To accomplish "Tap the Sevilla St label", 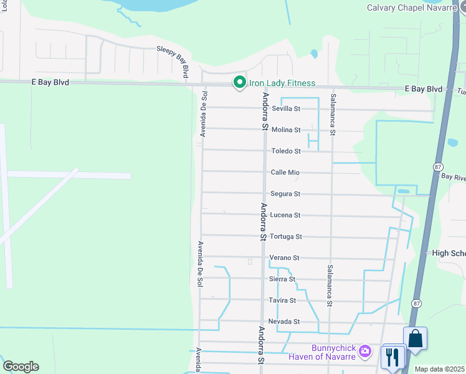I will [x=286, y=108].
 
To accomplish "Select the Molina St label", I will [x=286, y=130].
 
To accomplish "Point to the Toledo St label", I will [x=286, y=151].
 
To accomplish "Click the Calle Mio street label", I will [x=285, y=172].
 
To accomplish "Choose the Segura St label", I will [x=285, y=194].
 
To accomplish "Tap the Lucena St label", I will [x=286, y=215].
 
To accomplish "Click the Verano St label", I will [x=284, y=257].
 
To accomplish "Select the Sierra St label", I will [x=282, y=279].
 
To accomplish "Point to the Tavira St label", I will [x=283, y=300].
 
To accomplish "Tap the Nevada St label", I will [x=284, y=322].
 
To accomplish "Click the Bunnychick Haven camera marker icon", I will [x=365, y=352].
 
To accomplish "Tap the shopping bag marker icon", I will [x=416, y=338].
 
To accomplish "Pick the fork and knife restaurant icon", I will [x=393, y=357].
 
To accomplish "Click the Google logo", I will [x=21, y=367].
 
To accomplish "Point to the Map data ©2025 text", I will [x=439, y=369].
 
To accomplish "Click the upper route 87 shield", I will [x=437, y=167].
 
